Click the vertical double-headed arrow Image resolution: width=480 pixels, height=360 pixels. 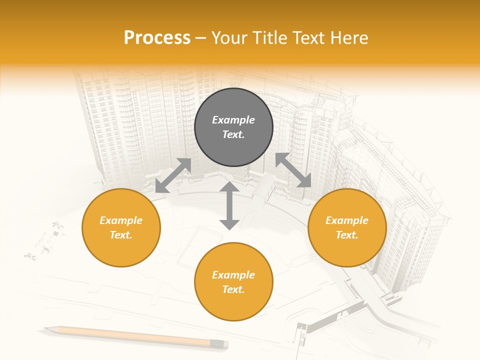click(x=229, y=205)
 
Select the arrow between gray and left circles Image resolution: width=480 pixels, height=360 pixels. click(x=173, y=175)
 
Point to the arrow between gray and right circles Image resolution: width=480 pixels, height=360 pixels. click(x=293, y=170)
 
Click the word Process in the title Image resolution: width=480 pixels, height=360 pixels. click(x=157, y=37)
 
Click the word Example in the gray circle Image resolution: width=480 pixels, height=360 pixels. click(x=233, y=120)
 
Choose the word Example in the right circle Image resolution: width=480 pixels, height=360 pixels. click(x=347, y=220)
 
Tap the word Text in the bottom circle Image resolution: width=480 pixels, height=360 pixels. click(x=232, y=289)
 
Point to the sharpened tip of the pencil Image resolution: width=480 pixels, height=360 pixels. click(x=46, y=328)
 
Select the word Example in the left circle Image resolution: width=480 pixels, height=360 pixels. click(x=121, y=220)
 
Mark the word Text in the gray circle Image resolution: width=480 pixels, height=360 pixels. click(x=232, y=134)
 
